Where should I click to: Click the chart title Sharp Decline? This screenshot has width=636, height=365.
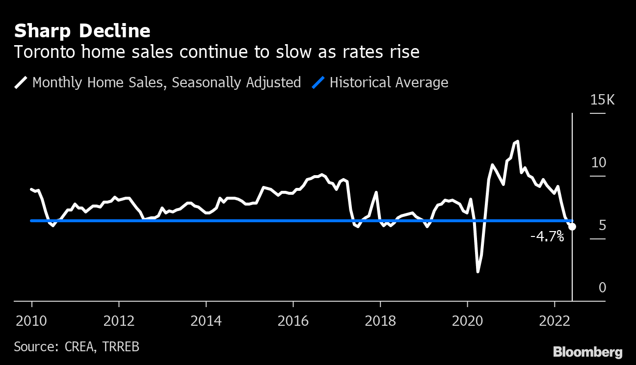82,31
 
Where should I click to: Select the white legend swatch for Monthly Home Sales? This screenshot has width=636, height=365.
21,82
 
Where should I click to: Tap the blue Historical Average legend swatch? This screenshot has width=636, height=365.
318,82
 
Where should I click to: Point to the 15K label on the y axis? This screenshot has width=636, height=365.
602,100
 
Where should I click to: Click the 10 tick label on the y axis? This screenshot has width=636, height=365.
599,162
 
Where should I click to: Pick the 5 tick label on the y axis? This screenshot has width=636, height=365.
602,225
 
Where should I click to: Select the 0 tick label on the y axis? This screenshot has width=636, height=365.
602,287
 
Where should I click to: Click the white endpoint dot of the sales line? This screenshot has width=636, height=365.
572,227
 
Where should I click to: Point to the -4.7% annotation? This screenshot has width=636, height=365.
547,237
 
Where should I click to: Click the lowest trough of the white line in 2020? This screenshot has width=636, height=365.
477,271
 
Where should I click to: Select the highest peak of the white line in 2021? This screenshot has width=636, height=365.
518,141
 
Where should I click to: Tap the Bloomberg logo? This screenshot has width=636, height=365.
588,352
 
